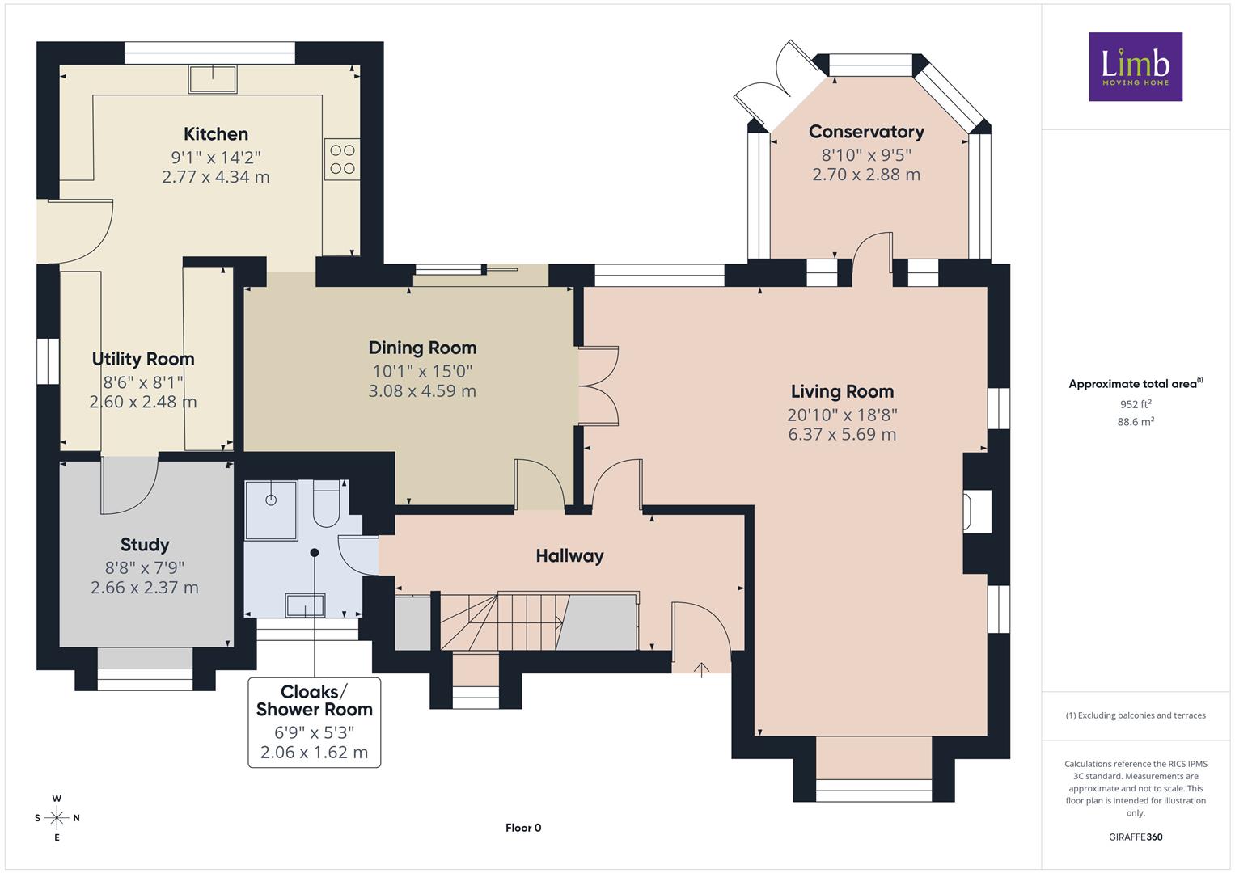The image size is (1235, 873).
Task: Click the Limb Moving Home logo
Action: (x=1136, y=66)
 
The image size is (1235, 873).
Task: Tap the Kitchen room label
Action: (x=216, y=134)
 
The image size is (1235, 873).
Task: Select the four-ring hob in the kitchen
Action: (x=342, y=158)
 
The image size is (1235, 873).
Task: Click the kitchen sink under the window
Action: (x=213, y=79)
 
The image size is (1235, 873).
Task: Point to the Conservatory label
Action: (x=866, y=132)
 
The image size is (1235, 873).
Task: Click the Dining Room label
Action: (x=422, y=348)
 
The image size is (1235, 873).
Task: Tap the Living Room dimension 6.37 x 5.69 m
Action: (x=842, y=434)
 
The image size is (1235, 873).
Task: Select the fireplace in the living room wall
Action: (x=976, y=512)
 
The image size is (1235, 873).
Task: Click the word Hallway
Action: (x=569, y=555)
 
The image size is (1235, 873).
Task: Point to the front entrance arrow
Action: (x=701, y=669)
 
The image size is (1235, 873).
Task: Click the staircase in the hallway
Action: (x=539, y=621)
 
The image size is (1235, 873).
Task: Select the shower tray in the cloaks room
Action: (x=271, y=510)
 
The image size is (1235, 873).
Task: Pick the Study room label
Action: (x=145, y=545)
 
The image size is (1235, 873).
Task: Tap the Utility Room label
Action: (x=143, y=359)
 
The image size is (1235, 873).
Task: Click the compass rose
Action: (x=57, y=818)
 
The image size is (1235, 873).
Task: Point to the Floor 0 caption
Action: (x=523, y=828)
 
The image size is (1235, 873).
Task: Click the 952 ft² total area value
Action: (x=1136, y=404)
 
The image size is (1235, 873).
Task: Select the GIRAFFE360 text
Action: (x=1136, y=837)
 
